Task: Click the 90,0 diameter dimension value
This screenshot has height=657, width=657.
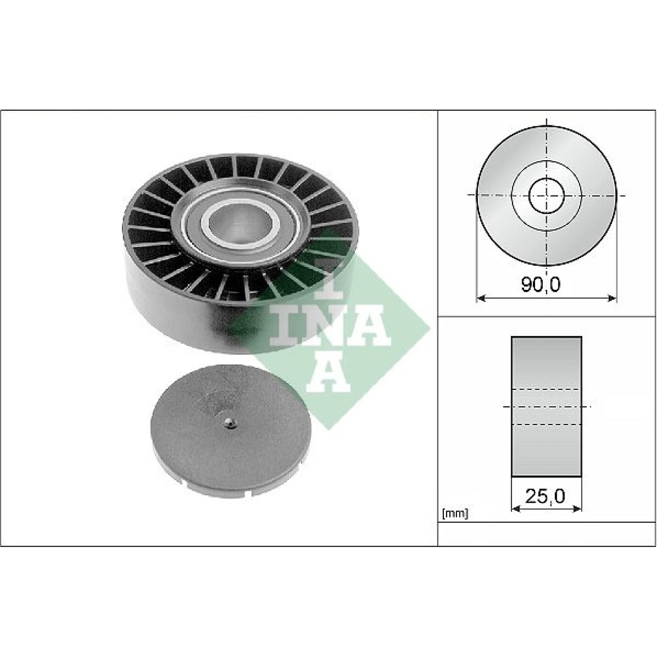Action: [540, 284]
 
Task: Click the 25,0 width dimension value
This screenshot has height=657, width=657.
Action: [545, 496]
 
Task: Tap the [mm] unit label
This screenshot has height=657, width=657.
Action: [455, 513]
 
